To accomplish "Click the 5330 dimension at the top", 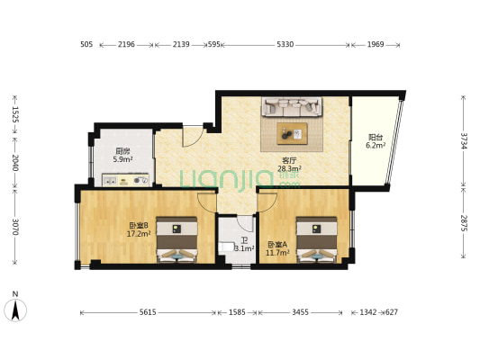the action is tap(285, 45).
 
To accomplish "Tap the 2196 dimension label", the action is tap(126, 45).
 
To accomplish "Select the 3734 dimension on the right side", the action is tap(464, 140).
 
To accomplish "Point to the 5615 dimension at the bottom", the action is tap(148, 312).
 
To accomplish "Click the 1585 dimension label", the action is tap(237, 312).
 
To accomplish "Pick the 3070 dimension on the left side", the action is tap(15, 227).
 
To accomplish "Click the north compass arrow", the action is tap(15, 310).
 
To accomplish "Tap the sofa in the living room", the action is tap(292, 107).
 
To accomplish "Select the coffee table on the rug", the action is tap(292, 133).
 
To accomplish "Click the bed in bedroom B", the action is tap(177, 239).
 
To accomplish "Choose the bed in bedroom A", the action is tap(316, 239).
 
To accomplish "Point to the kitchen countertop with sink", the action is tap(125, 180).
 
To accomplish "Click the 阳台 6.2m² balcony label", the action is tap(376, 141).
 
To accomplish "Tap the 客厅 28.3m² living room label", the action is tap(289, 165).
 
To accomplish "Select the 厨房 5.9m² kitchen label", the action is tap(122, 155).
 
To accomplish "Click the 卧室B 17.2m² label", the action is tap(139, 229).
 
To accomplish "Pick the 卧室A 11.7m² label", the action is tap(277, 248).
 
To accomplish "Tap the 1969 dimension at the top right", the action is tap(376, 45).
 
